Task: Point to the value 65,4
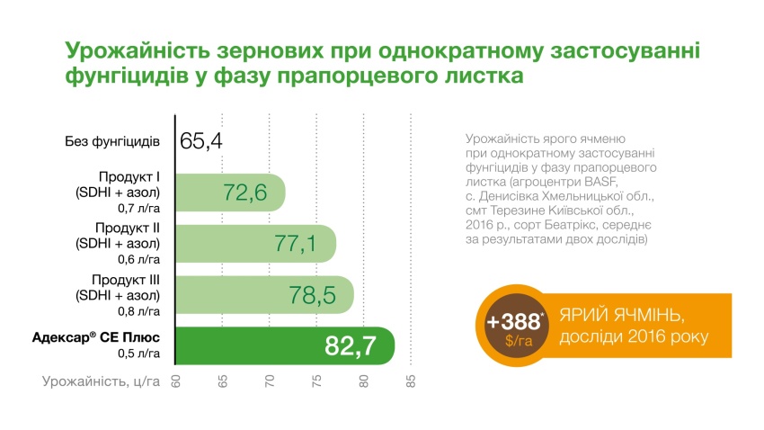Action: (x=201, y=141)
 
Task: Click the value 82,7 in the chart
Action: (x=355, y=346)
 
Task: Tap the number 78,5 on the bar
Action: (x=315, y=295)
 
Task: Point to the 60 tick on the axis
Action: (x=176, y=381)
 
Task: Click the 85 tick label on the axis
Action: (x=411, y=381)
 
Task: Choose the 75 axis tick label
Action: (x=316, y=381)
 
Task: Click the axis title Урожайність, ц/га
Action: (x=101, y=381)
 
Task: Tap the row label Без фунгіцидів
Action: (x=112, y=142)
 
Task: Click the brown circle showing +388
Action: (x=515, y=328)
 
